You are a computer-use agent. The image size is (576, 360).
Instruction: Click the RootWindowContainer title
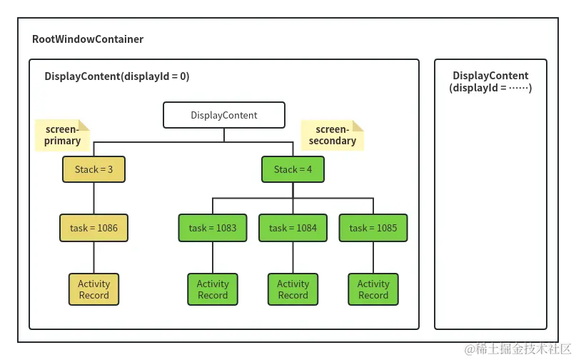(88, 39)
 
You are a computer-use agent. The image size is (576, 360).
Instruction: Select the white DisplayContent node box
(224, 115)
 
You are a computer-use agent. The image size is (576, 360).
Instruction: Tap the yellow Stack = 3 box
(94, 169)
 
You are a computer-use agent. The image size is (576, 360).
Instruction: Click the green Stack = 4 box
(293, 169)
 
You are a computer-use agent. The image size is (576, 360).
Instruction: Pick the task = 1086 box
(94, 228)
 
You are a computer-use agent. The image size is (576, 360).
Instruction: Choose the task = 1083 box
(213, 228)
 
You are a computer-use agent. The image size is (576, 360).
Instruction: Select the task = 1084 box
(293, 228)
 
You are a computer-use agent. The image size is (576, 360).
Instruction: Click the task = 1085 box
(373, 228)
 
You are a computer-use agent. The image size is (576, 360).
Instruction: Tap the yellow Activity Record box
(94, 289)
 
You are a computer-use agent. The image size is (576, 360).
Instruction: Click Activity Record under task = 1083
(213, 289)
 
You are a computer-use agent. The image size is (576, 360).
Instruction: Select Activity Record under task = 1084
(293, 289)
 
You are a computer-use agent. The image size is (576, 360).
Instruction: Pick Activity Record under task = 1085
(373, 289)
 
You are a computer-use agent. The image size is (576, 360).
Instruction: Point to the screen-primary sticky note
(63, 135)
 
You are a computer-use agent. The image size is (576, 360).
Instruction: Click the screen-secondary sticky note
(332, 135)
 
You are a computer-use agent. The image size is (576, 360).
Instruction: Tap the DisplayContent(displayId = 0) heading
(117, 76)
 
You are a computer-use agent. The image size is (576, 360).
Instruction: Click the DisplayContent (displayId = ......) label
(490, 81)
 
